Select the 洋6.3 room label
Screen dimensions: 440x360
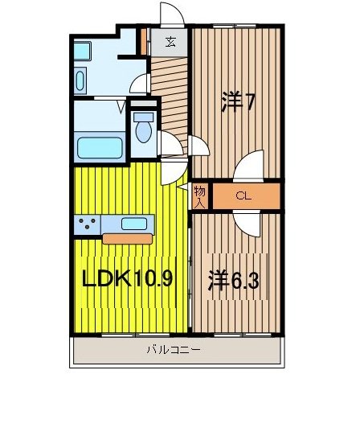(234, 282)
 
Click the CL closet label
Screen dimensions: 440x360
(242, 195)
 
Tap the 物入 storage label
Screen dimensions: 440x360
(200, 195)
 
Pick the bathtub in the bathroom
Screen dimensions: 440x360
(99, 148)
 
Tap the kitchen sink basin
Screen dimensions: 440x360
(133, 224)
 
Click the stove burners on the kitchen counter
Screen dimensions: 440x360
(88, 224)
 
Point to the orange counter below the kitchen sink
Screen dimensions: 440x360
(127, 238)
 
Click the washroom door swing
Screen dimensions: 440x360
(140, 84)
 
